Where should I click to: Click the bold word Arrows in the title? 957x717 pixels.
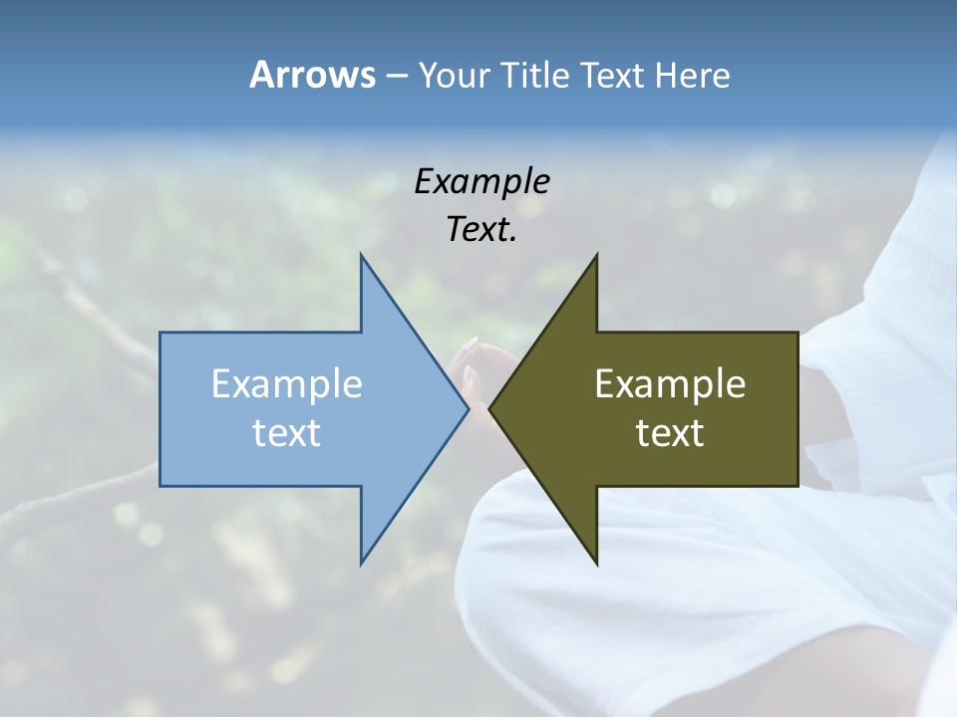click(x=312, y=75)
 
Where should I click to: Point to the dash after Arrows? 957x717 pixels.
click(x=396, y=76)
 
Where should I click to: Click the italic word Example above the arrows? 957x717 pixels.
click(x=481, y=182)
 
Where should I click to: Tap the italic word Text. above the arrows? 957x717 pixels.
click(x=479, y=230)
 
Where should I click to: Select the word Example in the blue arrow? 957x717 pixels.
click(x=287, y=383)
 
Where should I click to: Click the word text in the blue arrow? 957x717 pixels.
click(x=287, y=432)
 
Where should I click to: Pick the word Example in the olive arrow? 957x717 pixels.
click(x=670, y=383)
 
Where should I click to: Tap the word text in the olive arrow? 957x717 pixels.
click(x=670, y=432)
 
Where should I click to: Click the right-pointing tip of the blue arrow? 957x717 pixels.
click(x=468, y=408)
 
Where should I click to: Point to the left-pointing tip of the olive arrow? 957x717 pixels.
click(x=489, y=408)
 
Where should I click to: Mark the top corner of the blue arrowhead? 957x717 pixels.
click(x=361, y=255)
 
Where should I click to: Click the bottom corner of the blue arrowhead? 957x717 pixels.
click(x=361, y=564)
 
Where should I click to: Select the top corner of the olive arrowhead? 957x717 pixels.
click(x=596, y=255)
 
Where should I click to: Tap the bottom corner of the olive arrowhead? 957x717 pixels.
click(x=596, y=564)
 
